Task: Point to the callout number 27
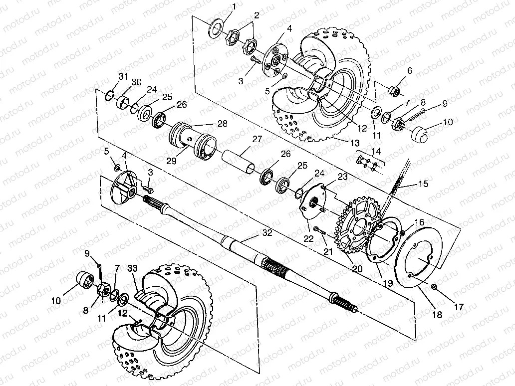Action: coord(257,139)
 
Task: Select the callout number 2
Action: coord(257,15)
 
